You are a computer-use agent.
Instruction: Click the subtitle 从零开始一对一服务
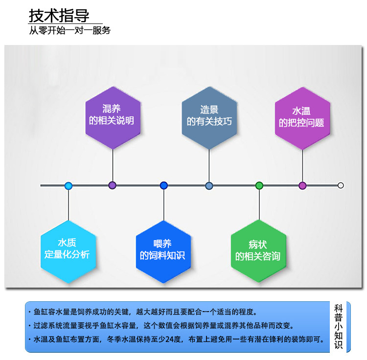pyautogui.click(x=69, y=30)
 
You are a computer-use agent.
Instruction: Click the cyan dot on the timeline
pyautogui.click(x=68, y=186)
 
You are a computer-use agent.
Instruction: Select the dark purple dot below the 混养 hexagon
pyautogui.click(x=113, y=185)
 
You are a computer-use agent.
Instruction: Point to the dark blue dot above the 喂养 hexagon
pyautogui.click(x=163, y=185)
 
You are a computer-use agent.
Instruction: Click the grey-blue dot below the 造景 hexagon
pyautogui.click(x=209, y=186)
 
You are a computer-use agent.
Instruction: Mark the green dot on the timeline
pyautogui.click(x=259, y=185)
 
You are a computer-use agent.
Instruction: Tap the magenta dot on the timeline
pyautogui.click(x=302, y=185)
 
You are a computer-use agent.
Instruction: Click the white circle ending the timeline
pyautogui.click(x=341, y=185)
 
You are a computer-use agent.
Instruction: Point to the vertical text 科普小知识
pyautogui.click(x=338, y=327)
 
